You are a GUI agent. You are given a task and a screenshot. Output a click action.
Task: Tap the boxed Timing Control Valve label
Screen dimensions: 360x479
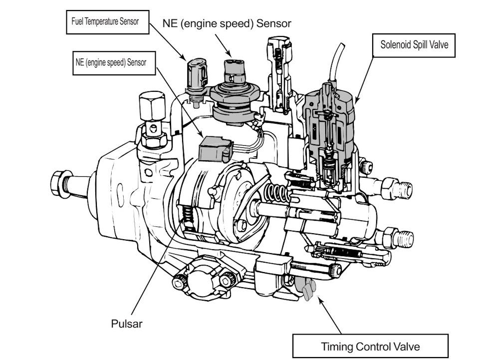pos(370,346)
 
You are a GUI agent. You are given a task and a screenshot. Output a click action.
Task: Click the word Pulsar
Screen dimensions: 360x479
pos(126,324)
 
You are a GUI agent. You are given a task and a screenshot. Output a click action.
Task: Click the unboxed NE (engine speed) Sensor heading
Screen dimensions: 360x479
pos(227,23)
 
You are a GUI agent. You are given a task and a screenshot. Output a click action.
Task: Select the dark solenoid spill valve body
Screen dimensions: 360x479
pos(329,120)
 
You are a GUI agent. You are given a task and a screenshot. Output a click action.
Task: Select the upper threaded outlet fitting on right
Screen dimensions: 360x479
pos(399,189)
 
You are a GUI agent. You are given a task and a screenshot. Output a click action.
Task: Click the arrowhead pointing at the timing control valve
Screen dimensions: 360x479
pos(319,302)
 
